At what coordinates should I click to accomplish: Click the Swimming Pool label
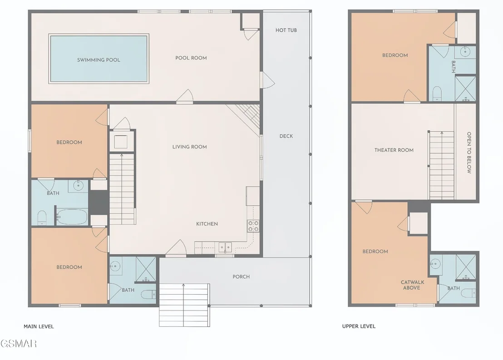coord(99,59)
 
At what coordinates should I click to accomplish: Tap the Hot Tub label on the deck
coord(286,30)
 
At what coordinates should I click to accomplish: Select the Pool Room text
coord(191,58)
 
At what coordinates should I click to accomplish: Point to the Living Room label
coord(190,147)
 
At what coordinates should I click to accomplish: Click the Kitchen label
coord(207,224)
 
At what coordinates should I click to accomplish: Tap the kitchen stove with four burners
coord(253,226)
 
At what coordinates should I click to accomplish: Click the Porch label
coord(241,276)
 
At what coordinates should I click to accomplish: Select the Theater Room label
coord(394,150)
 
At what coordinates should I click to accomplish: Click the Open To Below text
coord(469,153)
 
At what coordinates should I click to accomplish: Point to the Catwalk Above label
coord(412,285)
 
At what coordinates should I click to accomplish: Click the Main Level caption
coord(39,326)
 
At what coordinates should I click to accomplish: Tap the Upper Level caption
coord(359,326)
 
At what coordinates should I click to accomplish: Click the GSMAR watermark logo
coord(19,344)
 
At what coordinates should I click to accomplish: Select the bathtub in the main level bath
coord(72,217)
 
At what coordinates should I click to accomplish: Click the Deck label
coord(286,136)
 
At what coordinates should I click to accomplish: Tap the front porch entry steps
coord(184,305)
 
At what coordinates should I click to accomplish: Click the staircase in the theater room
coord(441,165)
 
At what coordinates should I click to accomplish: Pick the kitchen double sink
coord(225,247)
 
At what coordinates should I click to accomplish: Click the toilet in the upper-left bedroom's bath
coord(437,94)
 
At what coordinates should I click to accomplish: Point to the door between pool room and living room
coord(184,97)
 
